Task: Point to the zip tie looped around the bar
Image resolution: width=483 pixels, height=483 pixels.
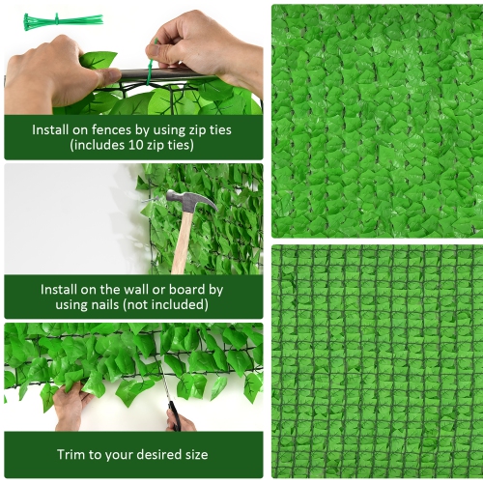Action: pos(150,71)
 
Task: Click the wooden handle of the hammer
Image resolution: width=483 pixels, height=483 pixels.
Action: pos(182,241)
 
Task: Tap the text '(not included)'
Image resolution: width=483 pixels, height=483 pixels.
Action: pos(177,305)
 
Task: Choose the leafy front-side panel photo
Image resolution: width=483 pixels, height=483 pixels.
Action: pos(375,121)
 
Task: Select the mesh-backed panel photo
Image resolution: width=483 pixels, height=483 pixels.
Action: pos(375,360)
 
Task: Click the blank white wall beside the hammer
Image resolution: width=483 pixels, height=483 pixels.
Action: pos(68,217)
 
